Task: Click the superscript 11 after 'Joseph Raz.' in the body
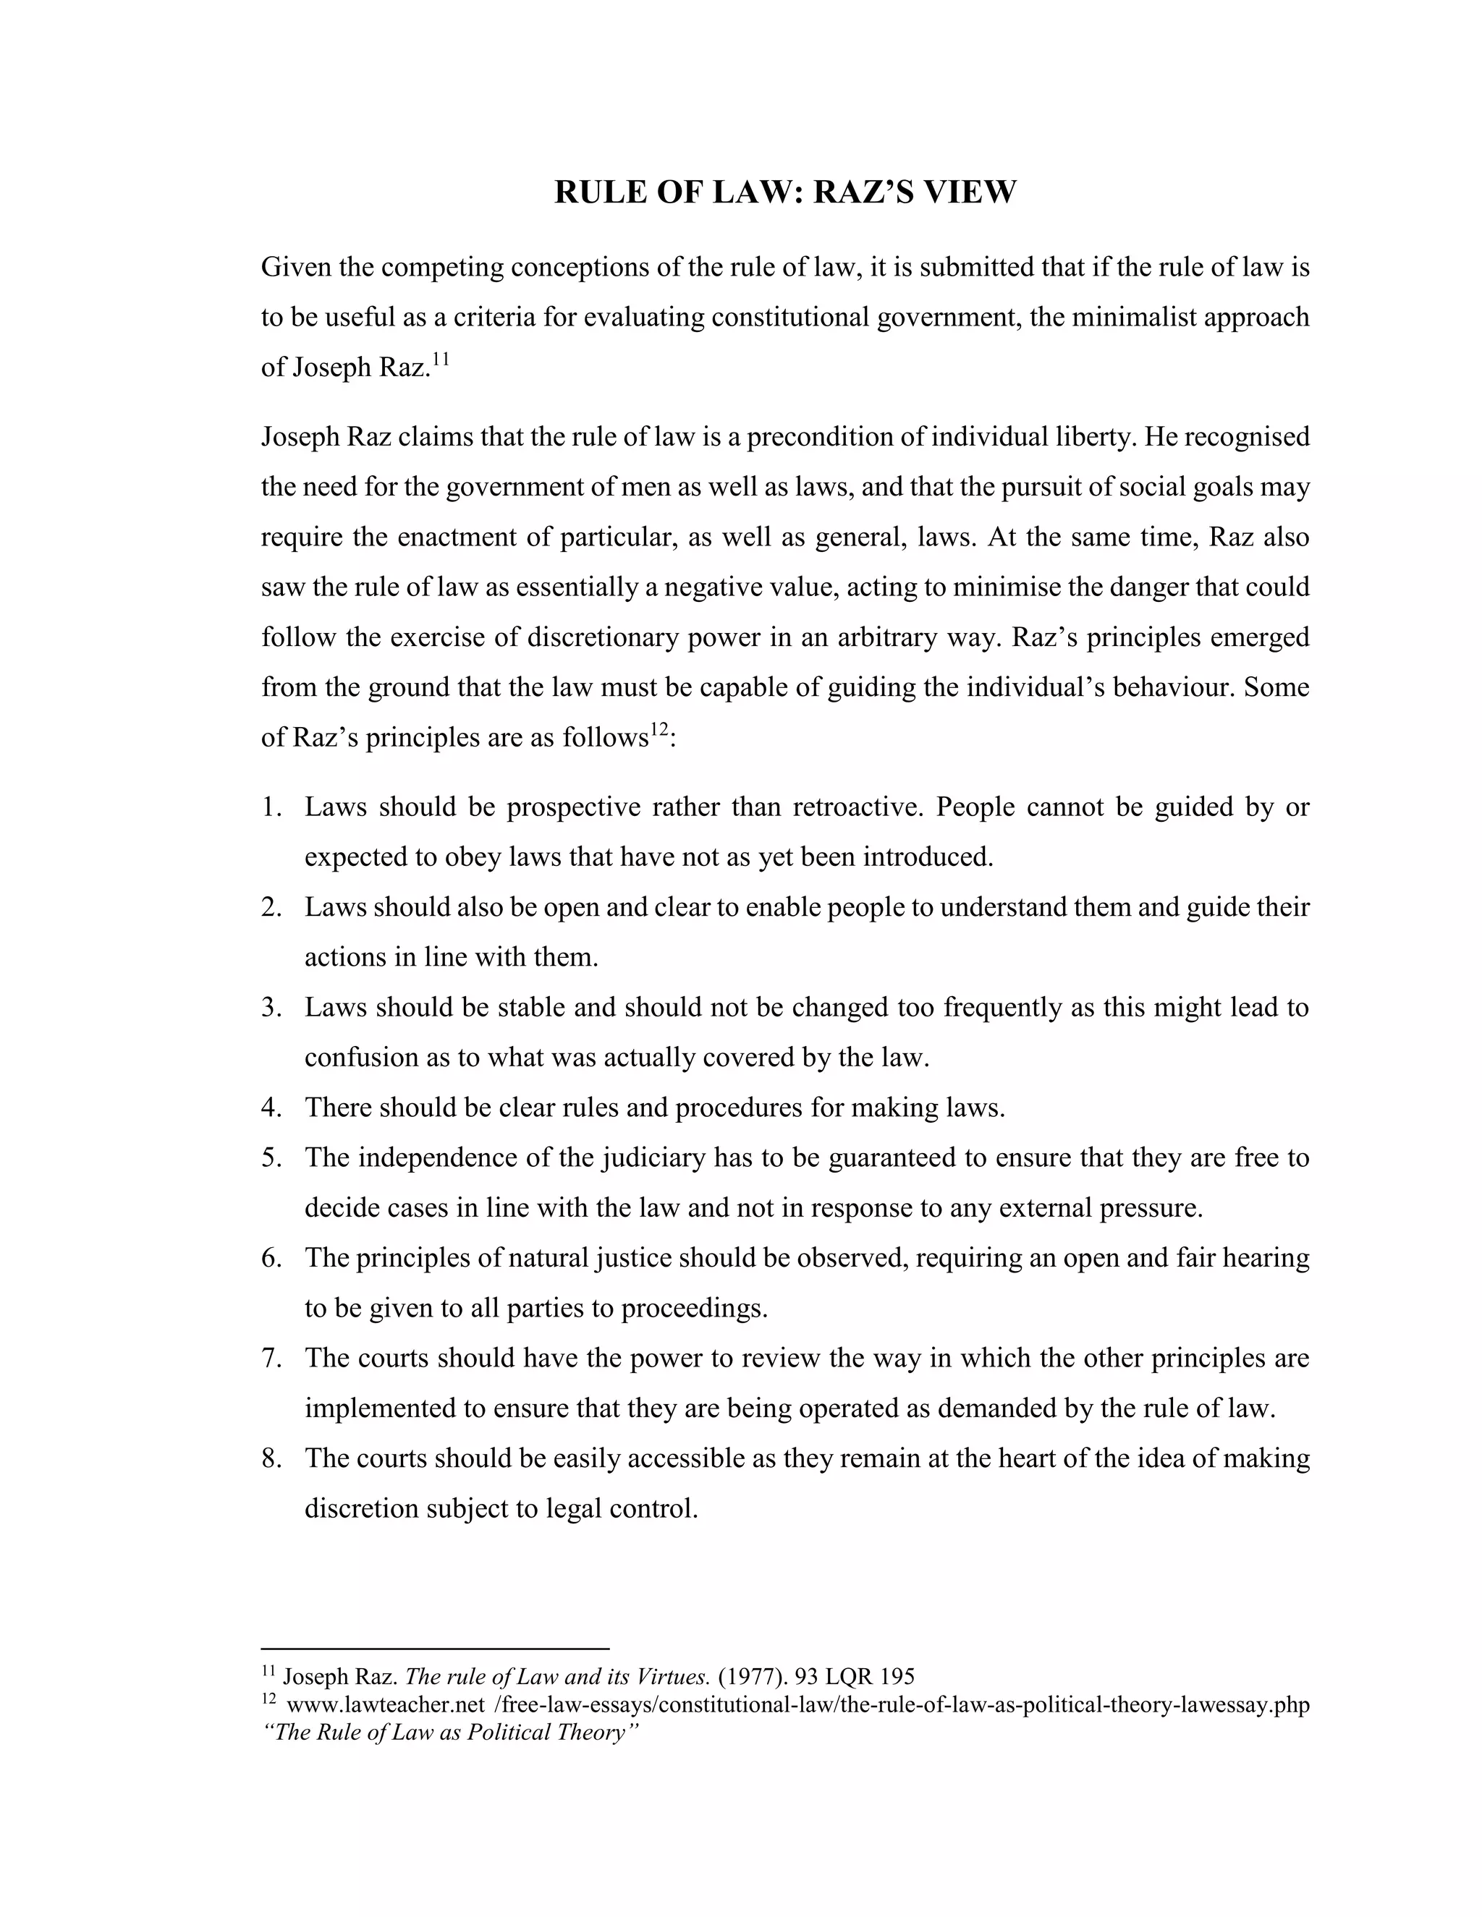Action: point(440,358)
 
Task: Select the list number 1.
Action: point(271,807)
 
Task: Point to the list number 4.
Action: point(271,1108)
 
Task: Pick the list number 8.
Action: point(271,1458)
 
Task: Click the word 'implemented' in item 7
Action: point(383,1408)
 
